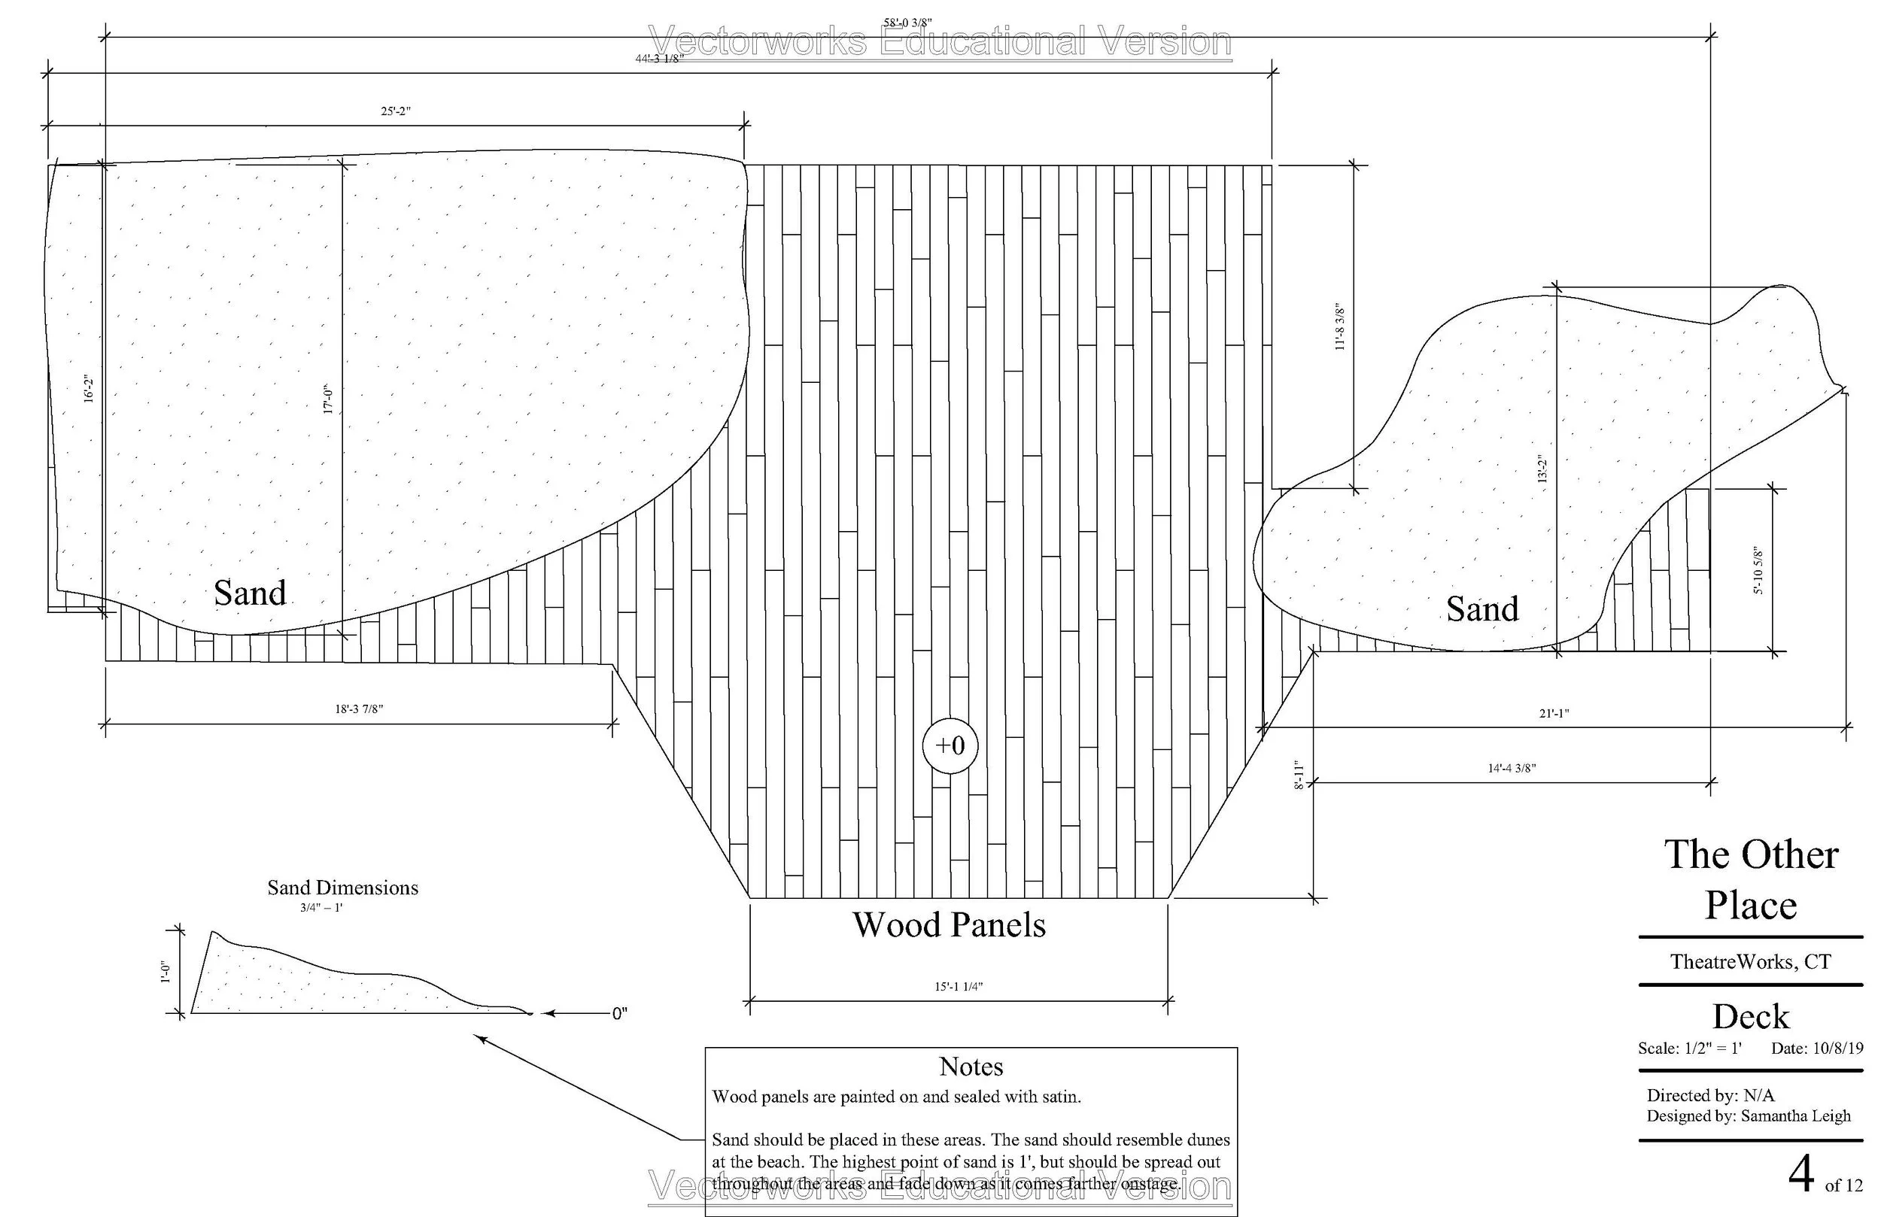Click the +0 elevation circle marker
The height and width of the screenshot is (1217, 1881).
point(950,745)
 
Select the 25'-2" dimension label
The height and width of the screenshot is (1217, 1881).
point(395,111)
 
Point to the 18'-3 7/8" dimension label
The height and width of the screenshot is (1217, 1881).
point(359,709)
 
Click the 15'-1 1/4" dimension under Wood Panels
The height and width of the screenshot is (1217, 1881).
point(958,986)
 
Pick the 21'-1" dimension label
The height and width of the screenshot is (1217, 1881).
point(1554,713)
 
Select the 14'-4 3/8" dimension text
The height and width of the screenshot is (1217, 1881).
point(1511,768)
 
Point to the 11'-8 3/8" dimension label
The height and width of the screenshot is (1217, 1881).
point(1339,326)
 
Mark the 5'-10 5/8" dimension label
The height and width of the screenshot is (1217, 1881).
point(1758,571)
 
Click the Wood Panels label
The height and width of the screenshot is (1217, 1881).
point(949,925)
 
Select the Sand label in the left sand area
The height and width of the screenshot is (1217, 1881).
point(250,593)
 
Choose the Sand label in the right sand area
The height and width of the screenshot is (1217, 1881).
point(1483,609)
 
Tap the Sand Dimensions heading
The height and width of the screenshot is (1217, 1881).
point(342,888)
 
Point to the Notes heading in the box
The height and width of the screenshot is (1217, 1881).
point(971,1067)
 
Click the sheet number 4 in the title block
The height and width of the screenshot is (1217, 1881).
point(1801,1175)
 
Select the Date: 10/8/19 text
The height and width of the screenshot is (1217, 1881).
point(1817,1049)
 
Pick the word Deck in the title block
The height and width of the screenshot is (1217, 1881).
point(1751,1017)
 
